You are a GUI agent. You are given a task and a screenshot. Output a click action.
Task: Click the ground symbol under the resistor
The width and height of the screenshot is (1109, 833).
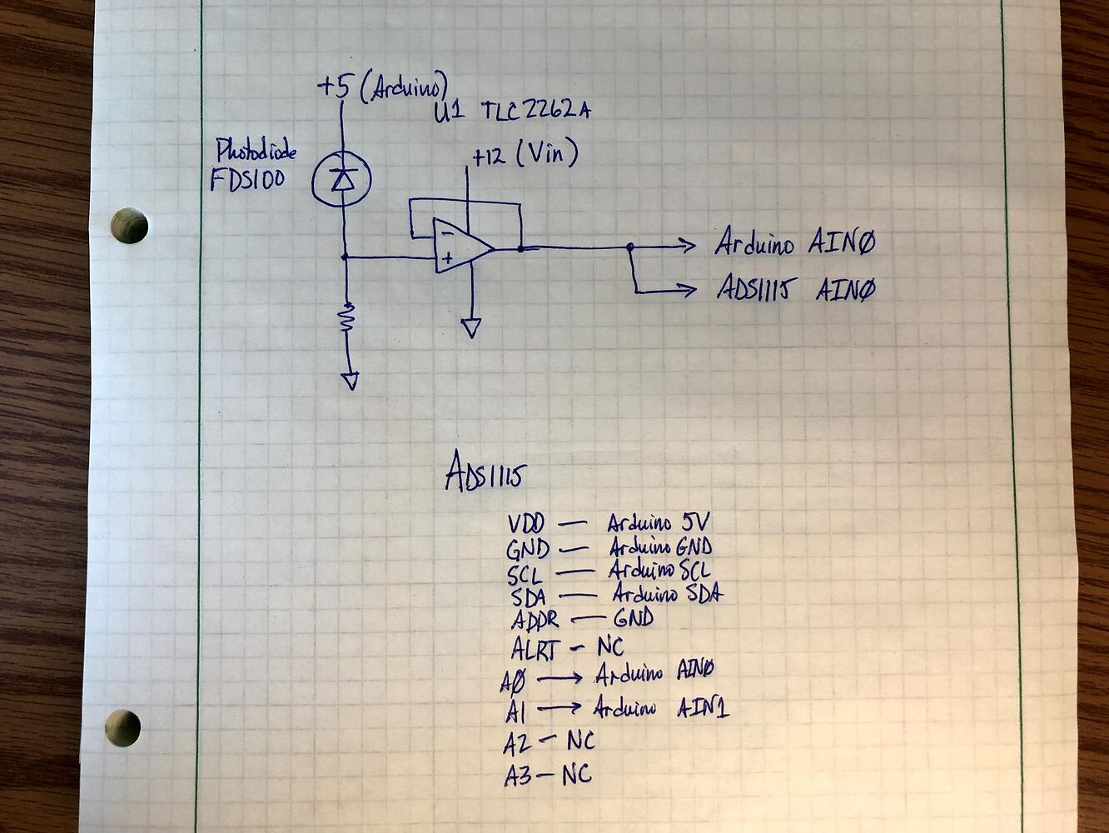[350, 381]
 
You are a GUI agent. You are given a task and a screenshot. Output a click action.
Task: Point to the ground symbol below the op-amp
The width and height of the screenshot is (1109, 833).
[471, 328]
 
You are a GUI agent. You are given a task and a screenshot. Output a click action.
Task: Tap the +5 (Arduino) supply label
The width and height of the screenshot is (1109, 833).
[382, 87]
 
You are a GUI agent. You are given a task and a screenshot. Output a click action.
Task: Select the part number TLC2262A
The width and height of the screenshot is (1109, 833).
[535, 112]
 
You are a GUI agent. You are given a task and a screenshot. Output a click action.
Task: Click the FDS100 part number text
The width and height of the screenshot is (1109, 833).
[246, 179]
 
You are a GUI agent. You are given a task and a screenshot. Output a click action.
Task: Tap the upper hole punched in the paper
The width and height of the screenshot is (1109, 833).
[129, 225]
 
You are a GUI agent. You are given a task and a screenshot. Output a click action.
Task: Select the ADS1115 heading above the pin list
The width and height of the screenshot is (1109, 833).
[484, 476]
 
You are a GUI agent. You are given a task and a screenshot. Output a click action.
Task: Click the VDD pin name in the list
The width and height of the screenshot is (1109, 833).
[525, 525]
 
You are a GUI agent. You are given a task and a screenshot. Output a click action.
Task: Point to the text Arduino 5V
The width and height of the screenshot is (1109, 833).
[658, 523]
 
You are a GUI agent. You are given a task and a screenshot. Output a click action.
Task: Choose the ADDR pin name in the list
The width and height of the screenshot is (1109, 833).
[535, 621]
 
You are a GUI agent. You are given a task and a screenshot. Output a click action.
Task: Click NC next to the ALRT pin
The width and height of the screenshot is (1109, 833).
[609, 646]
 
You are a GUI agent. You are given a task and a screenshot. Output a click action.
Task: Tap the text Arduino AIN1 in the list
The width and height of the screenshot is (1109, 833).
[661, 708]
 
